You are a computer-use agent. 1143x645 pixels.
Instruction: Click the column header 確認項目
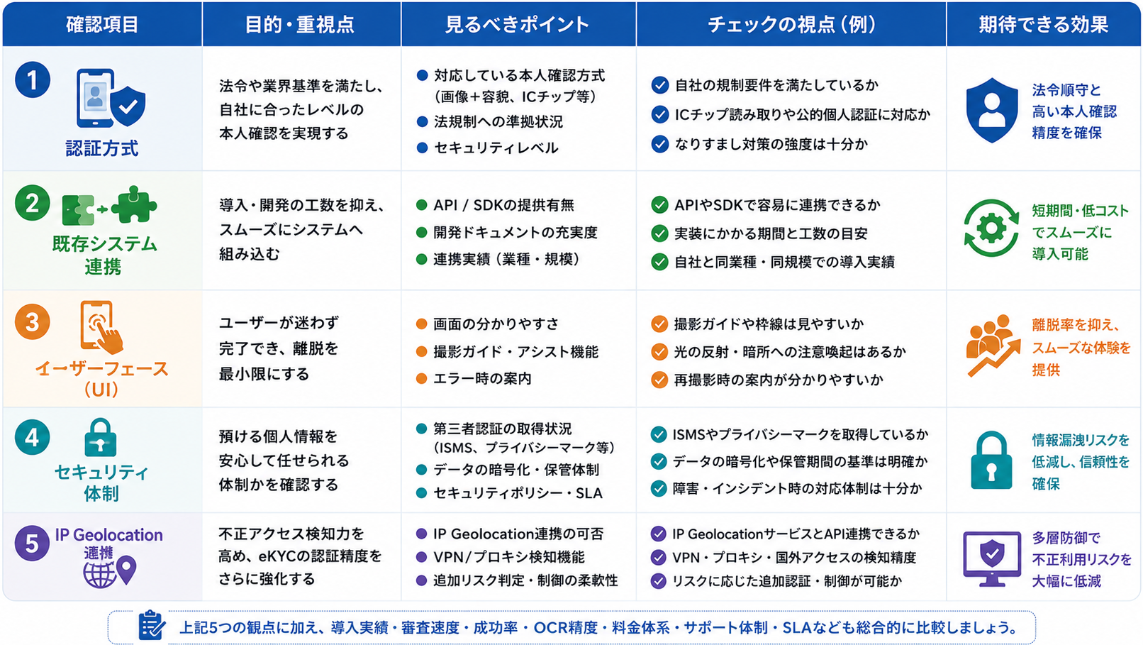tap(102, 24)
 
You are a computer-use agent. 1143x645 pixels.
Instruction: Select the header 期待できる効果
tap(1044, 24)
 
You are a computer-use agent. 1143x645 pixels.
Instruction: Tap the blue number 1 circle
tap(32, 79)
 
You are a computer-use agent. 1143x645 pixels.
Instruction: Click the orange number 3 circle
tap(32, 321)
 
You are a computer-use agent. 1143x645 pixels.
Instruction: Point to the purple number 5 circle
tap(32, 543)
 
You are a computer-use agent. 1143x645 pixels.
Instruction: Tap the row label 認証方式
tap(102, 148)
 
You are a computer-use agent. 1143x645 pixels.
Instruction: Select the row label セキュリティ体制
tap(101, 483)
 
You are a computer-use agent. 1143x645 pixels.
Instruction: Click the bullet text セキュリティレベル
tap(496, 148)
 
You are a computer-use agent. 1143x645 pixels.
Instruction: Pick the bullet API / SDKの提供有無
tap(503, 205)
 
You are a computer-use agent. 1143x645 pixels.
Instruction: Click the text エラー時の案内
tap(482, 378)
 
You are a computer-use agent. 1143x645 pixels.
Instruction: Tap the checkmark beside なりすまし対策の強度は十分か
tap(659, 144)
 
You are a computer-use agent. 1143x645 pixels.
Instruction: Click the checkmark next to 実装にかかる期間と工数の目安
tap(659, 233)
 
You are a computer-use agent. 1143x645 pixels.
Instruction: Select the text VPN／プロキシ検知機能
tap(508, 556)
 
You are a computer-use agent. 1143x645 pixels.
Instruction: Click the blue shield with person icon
tap(991, 110)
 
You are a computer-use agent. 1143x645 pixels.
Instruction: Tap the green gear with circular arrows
tap(991, 228)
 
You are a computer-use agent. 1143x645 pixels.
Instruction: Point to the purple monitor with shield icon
tap(991, 559)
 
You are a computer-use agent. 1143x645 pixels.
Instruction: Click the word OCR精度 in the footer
tap(565, 627)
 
